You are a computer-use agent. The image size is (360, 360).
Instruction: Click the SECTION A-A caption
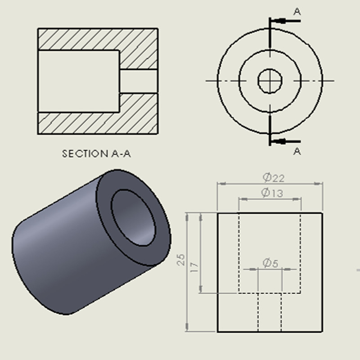[x=96, y=153]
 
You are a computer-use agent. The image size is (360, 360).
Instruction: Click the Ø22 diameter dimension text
[x=274, y=178]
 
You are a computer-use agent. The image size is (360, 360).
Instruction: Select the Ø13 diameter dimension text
[x=272, y=193]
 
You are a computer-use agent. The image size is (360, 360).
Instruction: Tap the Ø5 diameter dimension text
[x=270, y=263]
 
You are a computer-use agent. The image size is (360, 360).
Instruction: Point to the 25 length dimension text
[x=181, y=260]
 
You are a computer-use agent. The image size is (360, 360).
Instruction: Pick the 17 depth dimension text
[x=194, y=267]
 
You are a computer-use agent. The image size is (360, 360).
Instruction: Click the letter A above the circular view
[x=297, y=12]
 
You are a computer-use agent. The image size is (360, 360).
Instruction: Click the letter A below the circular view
[x=297, y=151]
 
